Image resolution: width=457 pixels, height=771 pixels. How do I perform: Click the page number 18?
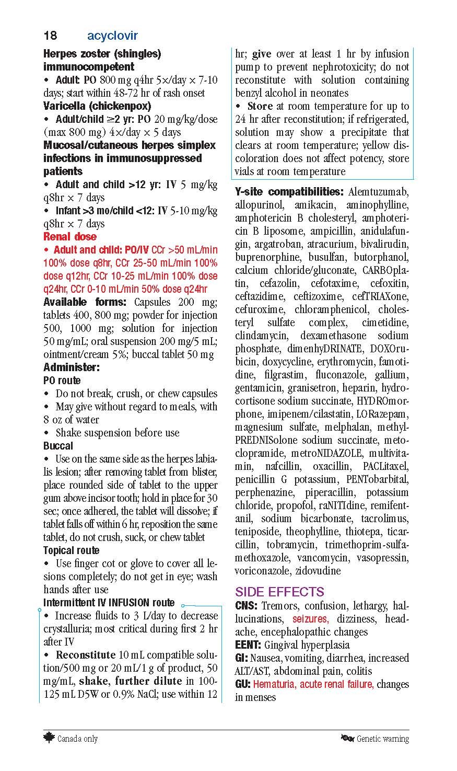[50, 36]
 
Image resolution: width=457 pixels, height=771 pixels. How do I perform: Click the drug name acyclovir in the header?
[112, 36]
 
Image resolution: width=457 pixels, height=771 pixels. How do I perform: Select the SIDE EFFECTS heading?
[279, 592]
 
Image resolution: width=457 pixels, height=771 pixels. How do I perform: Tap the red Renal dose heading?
[70, 237]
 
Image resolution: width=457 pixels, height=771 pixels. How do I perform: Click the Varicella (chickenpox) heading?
[97, 106]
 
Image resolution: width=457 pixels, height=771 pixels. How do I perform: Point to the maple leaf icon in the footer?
[49, 738]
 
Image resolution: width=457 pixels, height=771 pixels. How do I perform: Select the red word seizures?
[310, 619]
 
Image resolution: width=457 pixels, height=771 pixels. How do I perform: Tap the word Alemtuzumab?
[379, 192]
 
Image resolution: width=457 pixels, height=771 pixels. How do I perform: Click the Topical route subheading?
[71, 550]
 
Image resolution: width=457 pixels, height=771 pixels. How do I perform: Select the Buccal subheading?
[58, 446]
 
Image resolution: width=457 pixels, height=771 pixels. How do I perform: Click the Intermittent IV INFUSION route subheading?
[109, 603]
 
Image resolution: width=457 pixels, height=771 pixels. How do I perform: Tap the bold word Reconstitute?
[85, 655]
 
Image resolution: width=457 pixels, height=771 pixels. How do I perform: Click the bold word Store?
[260, 106]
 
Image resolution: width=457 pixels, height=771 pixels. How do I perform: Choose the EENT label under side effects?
[248, 645]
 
